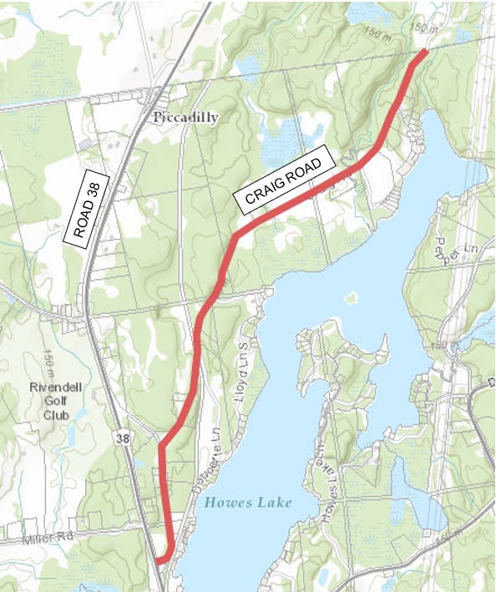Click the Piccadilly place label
pyautogui.click(x=186, y=118)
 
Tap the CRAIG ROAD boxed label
pyautogui.click(x=284, y=181)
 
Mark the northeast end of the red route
pyautogui.click(x=425, y=52)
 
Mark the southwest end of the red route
pyautogui.click(x=158, y=561)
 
